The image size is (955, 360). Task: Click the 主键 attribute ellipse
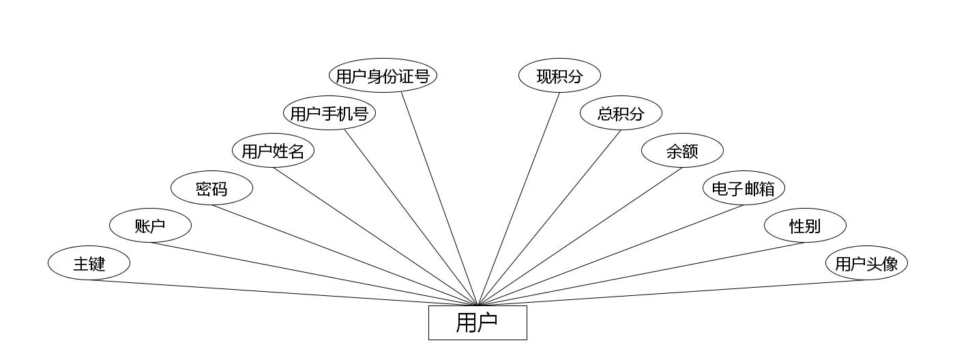tap(89, 263)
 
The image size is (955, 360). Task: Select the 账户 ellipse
tap(150, 226)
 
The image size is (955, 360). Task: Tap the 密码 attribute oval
tap(211, 188)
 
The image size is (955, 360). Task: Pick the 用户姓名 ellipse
tap(273, 151)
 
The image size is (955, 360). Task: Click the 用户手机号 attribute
tap(329, 113)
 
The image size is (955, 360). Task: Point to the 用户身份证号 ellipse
tap(383, 76)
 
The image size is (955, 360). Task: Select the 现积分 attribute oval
tap(559, 76)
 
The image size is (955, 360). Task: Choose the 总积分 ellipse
tap(621, 113)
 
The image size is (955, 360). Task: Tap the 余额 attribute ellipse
tap(682, 151)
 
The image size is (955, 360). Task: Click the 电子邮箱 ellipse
tap(744, 188)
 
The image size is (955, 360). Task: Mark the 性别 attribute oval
tap(805, 226)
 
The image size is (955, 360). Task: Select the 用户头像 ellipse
tap(866, 263)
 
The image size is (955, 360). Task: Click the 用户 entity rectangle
tap(477, 322)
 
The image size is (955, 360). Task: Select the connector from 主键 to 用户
tap(283, 293)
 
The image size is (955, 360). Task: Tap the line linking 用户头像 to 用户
tap(672, 293)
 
